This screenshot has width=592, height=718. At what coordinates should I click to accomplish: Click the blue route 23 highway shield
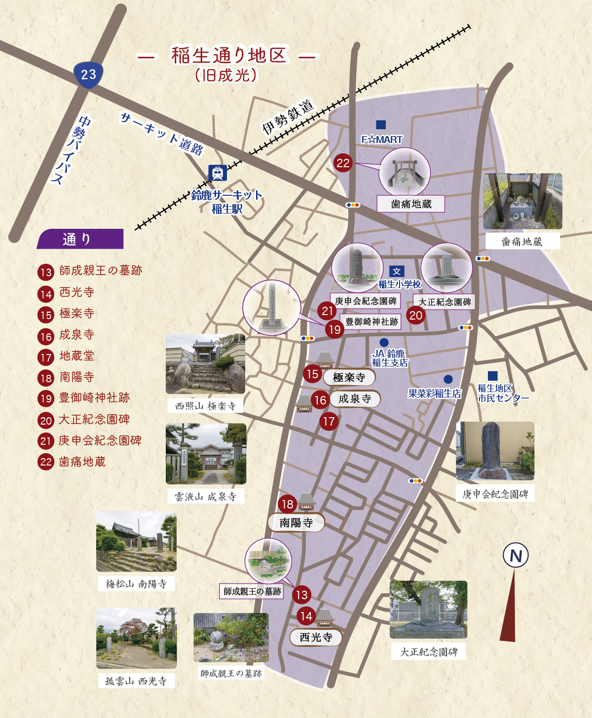[x=88, y=75]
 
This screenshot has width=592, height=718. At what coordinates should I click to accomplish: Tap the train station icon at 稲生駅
[x=217, y=173]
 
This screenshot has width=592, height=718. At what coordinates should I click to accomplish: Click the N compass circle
[x=516, y=556]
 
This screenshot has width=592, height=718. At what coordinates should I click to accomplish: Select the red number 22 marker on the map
[x=343, y=163]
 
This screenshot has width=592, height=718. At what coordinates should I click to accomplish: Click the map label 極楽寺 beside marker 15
[x=349, y=378]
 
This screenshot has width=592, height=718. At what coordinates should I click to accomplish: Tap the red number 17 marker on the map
[x=329, y=421]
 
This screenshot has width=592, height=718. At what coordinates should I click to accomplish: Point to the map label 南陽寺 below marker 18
[x=296, y=523]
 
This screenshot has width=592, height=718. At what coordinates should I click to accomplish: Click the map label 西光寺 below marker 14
[x=316, y=637]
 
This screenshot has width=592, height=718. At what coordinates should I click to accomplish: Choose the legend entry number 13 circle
[x=46, y=272]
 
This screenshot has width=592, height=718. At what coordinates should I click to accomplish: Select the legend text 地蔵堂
[x=76, y=356]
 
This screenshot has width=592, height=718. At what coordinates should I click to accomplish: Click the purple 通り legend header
[x=79, y=239]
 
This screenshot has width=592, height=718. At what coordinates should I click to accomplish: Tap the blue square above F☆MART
[x=381, y=125]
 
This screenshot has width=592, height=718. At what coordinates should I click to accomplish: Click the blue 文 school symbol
[x=397, y=271]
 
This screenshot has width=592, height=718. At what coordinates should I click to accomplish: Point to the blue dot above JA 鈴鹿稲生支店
[x=384, y=342]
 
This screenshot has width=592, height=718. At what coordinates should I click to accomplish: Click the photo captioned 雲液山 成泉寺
[x=206, y=454]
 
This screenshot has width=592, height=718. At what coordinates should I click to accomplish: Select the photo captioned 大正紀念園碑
[x=428, y=610]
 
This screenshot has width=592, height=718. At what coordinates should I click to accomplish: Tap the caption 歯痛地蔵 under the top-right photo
[x=522, y=242]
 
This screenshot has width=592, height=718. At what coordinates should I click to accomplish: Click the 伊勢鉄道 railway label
[x=288, y=117]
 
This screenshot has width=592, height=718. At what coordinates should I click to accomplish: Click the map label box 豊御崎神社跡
[x=371, y=322]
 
